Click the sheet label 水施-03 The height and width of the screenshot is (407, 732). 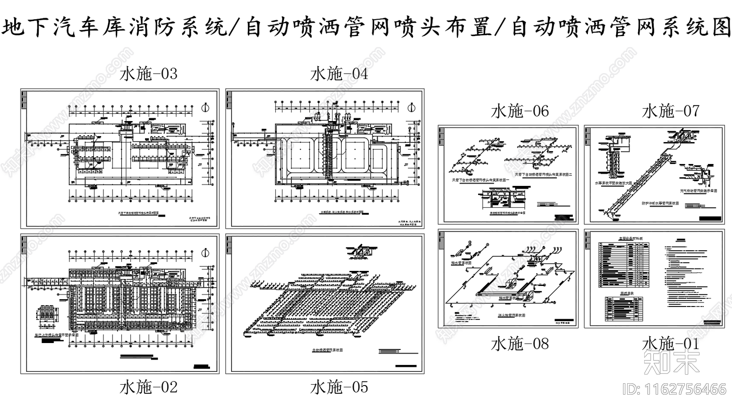(x=148, y=74)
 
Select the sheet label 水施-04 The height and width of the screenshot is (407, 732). (x=339, y=74)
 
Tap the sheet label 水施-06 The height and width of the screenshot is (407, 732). (x=520, y=111)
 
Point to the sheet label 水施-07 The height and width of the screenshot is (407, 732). (x=671, y=111)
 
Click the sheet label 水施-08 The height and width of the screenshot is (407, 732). (x=520, y=344)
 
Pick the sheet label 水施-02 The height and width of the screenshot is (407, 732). (x=148, y=387)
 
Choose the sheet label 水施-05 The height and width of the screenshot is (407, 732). (x=339, y=387)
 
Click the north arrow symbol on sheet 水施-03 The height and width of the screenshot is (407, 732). (x=205, y=108)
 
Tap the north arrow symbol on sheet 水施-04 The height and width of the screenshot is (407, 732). (x=410, y=108)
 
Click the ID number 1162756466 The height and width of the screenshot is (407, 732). (x=674, y=389)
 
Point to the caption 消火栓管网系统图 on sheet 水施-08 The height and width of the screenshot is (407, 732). (x=511, y=315)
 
